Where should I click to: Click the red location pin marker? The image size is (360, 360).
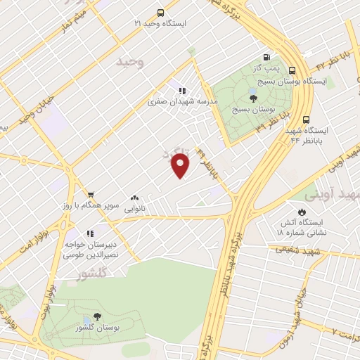click(181, 165)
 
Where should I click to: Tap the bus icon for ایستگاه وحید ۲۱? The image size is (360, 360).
click(160, 13)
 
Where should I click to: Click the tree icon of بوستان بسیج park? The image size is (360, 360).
click(253, 98)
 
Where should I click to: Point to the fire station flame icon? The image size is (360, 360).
click(302, 211)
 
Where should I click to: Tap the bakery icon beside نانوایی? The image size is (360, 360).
click(134, 198)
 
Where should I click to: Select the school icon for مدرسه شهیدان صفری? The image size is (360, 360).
click(181, 91)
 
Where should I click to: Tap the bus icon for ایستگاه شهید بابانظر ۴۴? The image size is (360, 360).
click(306, 120)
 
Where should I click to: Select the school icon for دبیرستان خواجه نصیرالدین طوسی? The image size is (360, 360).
click(89, 233)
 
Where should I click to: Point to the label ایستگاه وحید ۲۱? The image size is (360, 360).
click(160, 23)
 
